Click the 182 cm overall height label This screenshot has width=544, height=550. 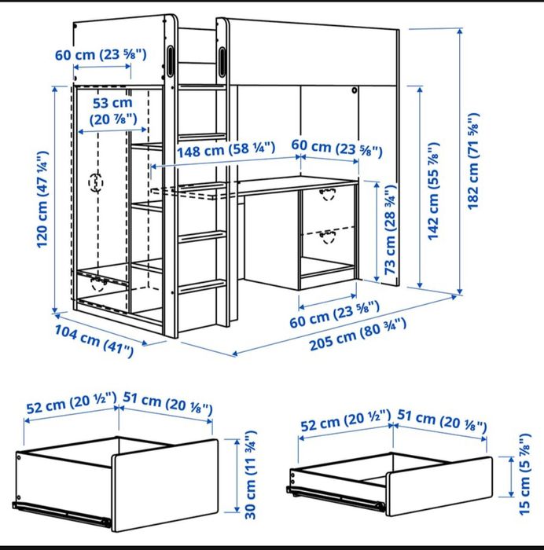click(x=473, y=161)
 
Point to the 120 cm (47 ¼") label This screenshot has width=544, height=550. click(x=42, y=199)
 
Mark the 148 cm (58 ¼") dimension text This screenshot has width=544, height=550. click(x=214, y=148)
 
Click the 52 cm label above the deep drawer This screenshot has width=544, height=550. click(x=70, y=408)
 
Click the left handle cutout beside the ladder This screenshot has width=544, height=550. click(x=172, y=61)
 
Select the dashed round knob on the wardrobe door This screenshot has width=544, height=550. click(x=96, y=182)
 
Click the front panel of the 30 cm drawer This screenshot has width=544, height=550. click(x=165, y=479)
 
